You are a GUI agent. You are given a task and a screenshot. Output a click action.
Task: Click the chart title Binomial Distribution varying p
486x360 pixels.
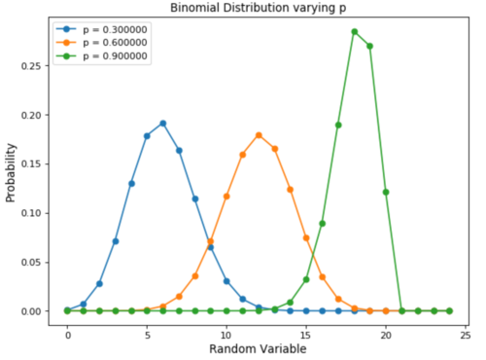(x=260, y=9)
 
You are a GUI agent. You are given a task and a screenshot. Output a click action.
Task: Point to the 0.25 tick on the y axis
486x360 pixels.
(x=37, y=66)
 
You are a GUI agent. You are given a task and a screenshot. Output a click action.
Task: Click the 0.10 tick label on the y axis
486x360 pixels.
(x=37, y=213)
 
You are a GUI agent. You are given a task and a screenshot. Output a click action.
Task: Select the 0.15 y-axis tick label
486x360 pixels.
(x=37, y=164)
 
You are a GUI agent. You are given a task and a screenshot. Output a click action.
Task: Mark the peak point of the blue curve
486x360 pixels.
(x=162, y=124)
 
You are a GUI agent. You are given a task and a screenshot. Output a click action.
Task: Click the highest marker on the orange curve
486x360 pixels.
(x=259, y=135)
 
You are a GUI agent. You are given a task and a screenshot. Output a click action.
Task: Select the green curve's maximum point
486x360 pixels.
(x=354, y=31)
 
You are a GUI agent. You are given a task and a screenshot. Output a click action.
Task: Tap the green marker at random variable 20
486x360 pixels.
(x=386, y=192)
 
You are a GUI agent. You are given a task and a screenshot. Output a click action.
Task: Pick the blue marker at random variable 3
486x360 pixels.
(x=115, y=241)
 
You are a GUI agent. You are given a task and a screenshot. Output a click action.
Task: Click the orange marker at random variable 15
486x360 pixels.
(x=306, y=237)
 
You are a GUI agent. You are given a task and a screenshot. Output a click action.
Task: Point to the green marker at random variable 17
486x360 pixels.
(x=338, y=125)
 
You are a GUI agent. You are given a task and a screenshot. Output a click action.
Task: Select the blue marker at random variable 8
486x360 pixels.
(x=194, y=198)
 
